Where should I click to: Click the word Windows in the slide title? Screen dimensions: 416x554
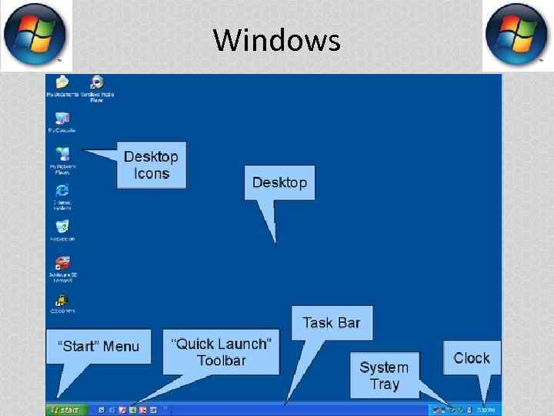(276, 39)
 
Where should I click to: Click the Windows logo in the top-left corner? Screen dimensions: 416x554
(35, 35)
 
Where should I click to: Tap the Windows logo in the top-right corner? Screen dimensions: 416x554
(518, 35)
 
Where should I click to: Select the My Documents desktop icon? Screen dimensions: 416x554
(62, 83)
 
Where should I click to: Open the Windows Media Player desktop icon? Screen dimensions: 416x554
(97, 83)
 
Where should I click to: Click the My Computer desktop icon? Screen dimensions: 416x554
(62, 119)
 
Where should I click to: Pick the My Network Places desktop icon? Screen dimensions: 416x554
(62, 155)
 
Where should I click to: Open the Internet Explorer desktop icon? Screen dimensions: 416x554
(62, 190)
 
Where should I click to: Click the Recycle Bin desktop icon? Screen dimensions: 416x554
(62, 226)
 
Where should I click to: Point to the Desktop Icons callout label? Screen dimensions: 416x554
(152, 165)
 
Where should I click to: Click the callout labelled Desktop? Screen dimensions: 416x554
(279, 183)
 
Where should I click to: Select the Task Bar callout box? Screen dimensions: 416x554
(331, 323)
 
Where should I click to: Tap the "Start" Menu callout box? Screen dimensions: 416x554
(98, 347)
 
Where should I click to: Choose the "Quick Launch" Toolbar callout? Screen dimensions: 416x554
(221, 352)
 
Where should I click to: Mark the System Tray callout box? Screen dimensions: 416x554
(384, 375)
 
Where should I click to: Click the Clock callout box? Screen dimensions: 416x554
(472, 358)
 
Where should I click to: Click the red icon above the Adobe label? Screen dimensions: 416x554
(63, 262)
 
